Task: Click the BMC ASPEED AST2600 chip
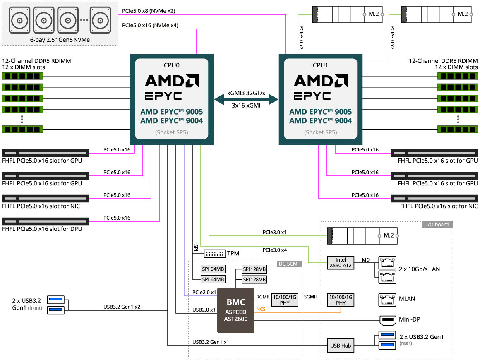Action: [235, 310]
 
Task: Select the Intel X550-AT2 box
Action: [341, 263]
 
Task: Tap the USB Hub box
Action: [341, 346]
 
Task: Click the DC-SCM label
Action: [289, 264]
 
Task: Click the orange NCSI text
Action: [262, 309]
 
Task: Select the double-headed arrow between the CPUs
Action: [246, 99]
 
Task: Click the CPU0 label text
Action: [172, 65]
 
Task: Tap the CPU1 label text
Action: [321, 65]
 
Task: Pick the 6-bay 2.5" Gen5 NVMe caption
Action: [60, 40]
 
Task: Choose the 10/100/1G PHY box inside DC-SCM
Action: [285, 300]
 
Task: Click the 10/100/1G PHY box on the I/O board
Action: [341, 300]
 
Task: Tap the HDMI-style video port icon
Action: [387, 320]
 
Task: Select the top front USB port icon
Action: [56, 299]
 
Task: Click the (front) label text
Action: [35, 308]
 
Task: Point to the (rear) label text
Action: [406, 343]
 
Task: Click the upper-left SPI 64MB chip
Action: [213, 269]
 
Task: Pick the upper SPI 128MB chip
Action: [254, 269]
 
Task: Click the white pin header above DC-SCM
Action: [215, 253]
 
